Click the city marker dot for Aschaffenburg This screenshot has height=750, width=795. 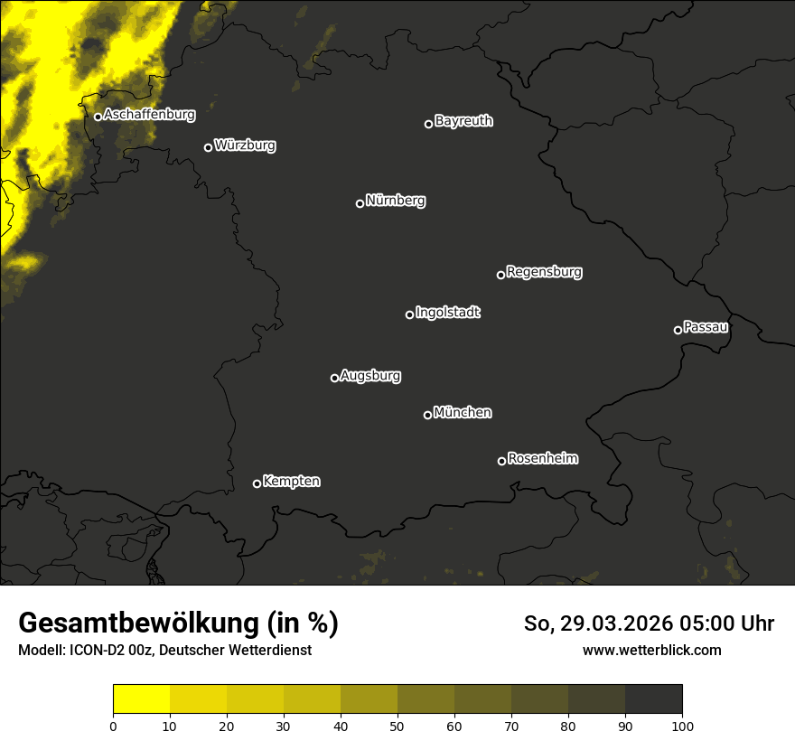click(x=98, y=117)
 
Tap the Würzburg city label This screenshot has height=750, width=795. click(x=245, y=145)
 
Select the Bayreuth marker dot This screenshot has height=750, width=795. click(x=428, y=124)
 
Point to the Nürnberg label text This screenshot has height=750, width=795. click(x=395, y=201)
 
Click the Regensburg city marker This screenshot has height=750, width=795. click(x=500, y=275)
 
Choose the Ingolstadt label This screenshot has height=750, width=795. click(x=448, y=313)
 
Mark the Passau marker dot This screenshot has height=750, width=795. click(x=678, y=330)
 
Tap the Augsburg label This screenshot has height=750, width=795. click(x=370, y=376)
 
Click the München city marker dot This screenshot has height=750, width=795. click(x=427, y=415)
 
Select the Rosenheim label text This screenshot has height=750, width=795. click(x=542, y=459)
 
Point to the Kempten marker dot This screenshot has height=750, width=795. click(x=257, y=483)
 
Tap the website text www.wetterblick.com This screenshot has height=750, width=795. click(x=651, y=651)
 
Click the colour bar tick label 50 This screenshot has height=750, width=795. click(x=397, y=726)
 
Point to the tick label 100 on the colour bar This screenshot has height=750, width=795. click(x=682, y=726)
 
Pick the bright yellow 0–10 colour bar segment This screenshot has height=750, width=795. click(x=141, y=699)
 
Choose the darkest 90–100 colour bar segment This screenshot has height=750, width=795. click(x=653, y=699)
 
